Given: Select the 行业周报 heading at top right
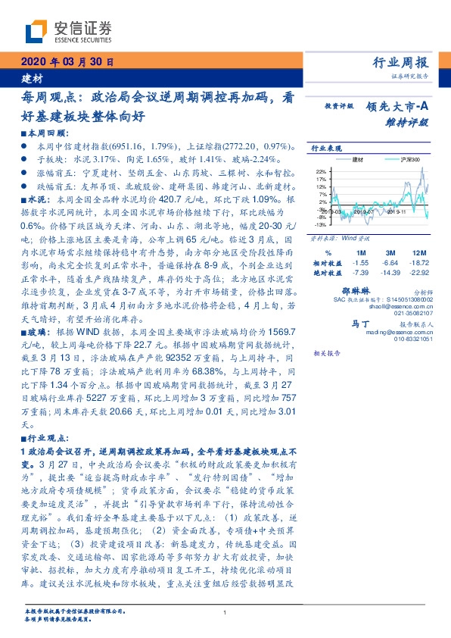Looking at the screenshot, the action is [401, 62].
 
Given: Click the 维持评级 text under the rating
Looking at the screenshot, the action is [412, 121].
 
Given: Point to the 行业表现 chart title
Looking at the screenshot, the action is [327, 149].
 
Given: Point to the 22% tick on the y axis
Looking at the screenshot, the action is [322, 171].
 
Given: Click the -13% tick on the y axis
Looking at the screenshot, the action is [321, 224].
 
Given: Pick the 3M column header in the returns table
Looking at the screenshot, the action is [391, 252].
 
